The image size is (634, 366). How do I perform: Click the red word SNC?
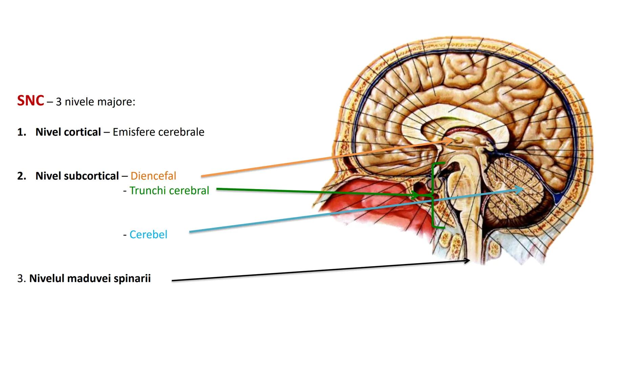[x=30, y=101]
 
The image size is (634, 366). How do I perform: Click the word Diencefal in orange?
[x=153, y=176]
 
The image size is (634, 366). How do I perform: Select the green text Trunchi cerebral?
[x=169, y=190]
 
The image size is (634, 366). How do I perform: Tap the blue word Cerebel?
[x=148, y=235]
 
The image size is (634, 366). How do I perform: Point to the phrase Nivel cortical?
[x=68, y=132]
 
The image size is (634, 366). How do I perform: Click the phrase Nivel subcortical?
[x=77, y=176]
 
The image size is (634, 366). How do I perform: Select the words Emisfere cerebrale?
[x=158, y=132]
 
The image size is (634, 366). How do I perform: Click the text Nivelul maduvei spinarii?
[x=90, y=278]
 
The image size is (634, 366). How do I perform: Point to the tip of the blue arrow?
[x=523, y=188]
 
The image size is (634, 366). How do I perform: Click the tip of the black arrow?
[x=469, y=260]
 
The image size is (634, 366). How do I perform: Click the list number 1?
[x=21, y=132]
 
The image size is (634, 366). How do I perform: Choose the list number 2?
[x=21, y=176]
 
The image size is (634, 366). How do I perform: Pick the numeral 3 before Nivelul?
[x=20, y=279]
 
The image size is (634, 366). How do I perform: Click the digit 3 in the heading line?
[x=59, y=102]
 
